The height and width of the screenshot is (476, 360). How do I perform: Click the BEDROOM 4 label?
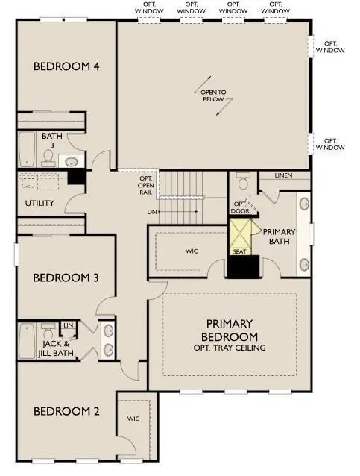(67, 66)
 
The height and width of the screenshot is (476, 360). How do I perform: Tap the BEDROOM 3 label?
(67, 278)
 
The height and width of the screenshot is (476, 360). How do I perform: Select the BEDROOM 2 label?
(67, 411)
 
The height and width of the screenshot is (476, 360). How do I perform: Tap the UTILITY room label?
(39, 203)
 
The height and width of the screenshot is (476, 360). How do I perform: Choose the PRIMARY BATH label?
(280, 237)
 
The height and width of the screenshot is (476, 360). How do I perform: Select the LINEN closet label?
(283, 175)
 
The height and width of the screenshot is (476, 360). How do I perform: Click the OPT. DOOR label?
(240, 208)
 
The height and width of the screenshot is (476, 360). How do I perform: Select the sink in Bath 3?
(72, 161)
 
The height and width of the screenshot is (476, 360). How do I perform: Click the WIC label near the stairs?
(192, 251)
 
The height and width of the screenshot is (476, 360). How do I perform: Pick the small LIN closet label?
(68, 325)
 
